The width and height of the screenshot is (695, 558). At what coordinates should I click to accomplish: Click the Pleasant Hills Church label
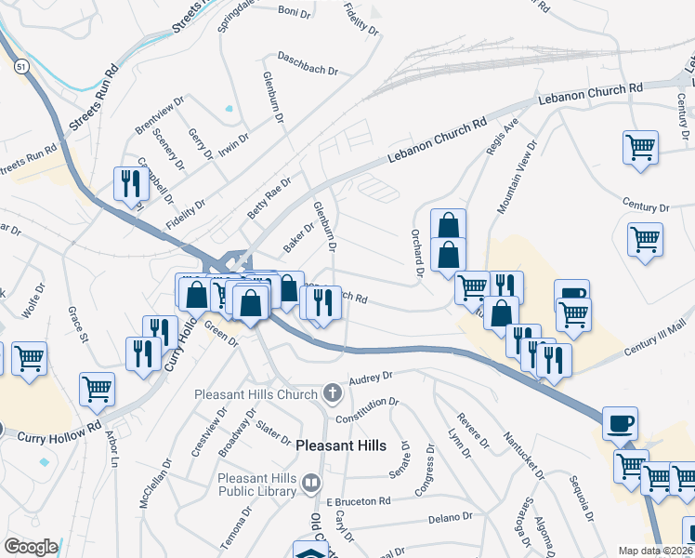tap(256, 394)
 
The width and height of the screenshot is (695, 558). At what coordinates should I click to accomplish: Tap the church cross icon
tap(332, 393)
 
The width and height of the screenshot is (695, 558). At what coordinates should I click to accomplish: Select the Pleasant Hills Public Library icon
tap(310, 482)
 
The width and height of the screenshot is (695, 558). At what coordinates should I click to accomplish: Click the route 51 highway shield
tap(21, 67)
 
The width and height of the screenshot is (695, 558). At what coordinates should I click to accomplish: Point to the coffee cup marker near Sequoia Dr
tap(621, 423)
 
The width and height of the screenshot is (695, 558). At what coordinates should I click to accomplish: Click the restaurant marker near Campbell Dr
tap(129, 183)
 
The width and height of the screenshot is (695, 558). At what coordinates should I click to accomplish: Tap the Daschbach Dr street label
tap(308, 62)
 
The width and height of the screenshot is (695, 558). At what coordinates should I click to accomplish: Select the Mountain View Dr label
tap(517, 178)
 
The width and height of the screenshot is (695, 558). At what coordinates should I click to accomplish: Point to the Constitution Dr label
tap(368, 410)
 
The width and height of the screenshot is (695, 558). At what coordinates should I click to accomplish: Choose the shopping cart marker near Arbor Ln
tap(97, 391)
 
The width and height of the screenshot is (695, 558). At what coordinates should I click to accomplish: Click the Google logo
tap(31, 547)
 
